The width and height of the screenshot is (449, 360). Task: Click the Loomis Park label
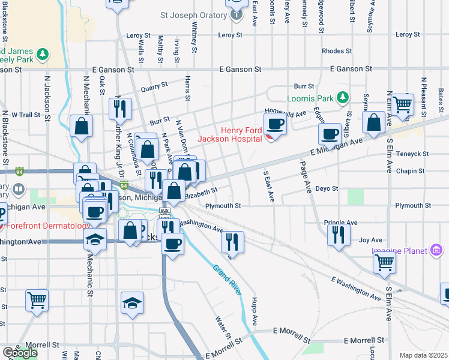pos(310,98)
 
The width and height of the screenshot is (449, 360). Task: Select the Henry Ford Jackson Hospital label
pos(238,135)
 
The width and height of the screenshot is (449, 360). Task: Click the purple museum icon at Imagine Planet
pos(436,250)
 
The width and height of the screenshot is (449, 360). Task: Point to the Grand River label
pos(227,280)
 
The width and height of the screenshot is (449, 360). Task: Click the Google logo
pos(20,353)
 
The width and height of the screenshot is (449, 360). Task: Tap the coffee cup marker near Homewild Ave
pos(276,124)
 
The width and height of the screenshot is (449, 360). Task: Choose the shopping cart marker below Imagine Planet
pos(384,261)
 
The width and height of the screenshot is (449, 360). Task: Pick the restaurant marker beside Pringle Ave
pos(339,233)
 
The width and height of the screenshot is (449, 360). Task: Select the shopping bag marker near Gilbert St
pos(373,122)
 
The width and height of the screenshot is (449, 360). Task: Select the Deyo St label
pos(331,188)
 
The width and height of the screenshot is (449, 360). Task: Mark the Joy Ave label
pos(370,240)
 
